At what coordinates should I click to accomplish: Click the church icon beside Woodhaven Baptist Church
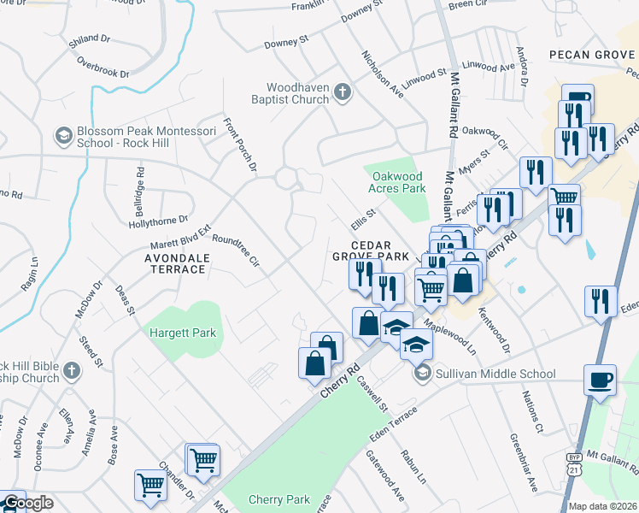click(343, 92)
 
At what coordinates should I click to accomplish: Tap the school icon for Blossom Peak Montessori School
click(63, 136)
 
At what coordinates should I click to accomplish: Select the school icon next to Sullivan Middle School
click(422, 374)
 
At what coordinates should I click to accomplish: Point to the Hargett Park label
click(183, 333)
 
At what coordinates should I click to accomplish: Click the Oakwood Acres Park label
click(397, 181)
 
